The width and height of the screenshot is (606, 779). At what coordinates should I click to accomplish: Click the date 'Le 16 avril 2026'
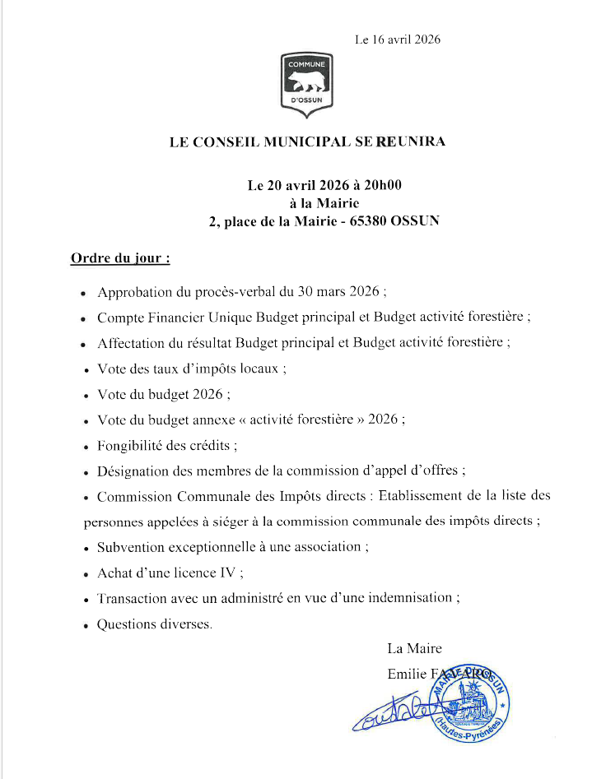(399, 39)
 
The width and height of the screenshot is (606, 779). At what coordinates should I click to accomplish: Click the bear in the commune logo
(306, 81)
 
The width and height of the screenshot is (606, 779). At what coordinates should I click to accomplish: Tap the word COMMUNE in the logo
(307, 63)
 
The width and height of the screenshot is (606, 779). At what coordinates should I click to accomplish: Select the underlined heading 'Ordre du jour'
(120, 258)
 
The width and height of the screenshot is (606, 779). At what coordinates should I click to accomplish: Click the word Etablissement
(428, 496)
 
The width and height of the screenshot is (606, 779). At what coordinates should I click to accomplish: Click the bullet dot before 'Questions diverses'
(85, 626)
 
